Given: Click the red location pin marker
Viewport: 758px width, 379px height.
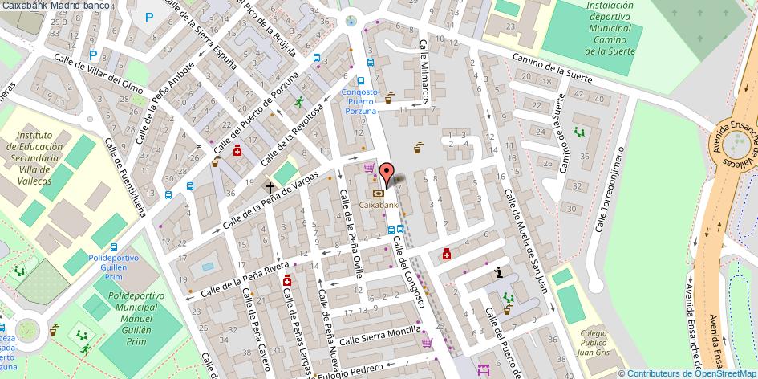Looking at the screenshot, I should tap(386, 173).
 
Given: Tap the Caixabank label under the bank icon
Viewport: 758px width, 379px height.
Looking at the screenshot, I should tap(379, 206).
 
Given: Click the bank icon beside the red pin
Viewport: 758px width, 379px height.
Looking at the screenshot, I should tap(378, 194).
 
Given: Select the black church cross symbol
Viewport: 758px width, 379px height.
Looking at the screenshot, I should tap(270, 188).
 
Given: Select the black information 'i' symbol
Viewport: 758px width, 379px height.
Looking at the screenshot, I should tap(500, 272).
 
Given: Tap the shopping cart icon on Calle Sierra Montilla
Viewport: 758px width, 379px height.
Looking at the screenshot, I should tap(427, 343).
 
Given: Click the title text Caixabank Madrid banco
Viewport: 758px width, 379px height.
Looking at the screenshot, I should tap(55, 6).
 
